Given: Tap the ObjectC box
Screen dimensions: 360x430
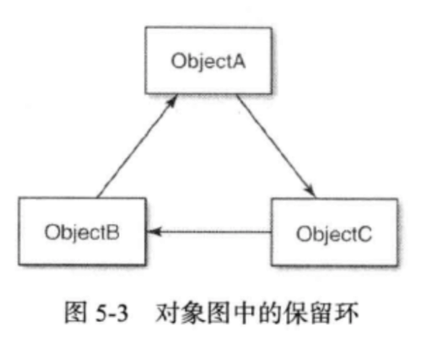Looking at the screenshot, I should (334, 232).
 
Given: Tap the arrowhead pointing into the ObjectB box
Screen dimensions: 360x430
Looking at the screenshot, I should (153, 232).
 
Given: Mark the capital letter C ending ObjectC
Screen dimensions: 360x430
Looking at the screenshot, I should (365, 233).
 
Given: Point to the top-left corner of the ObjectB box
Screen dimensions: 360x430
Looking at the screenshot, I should (19, 199).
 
